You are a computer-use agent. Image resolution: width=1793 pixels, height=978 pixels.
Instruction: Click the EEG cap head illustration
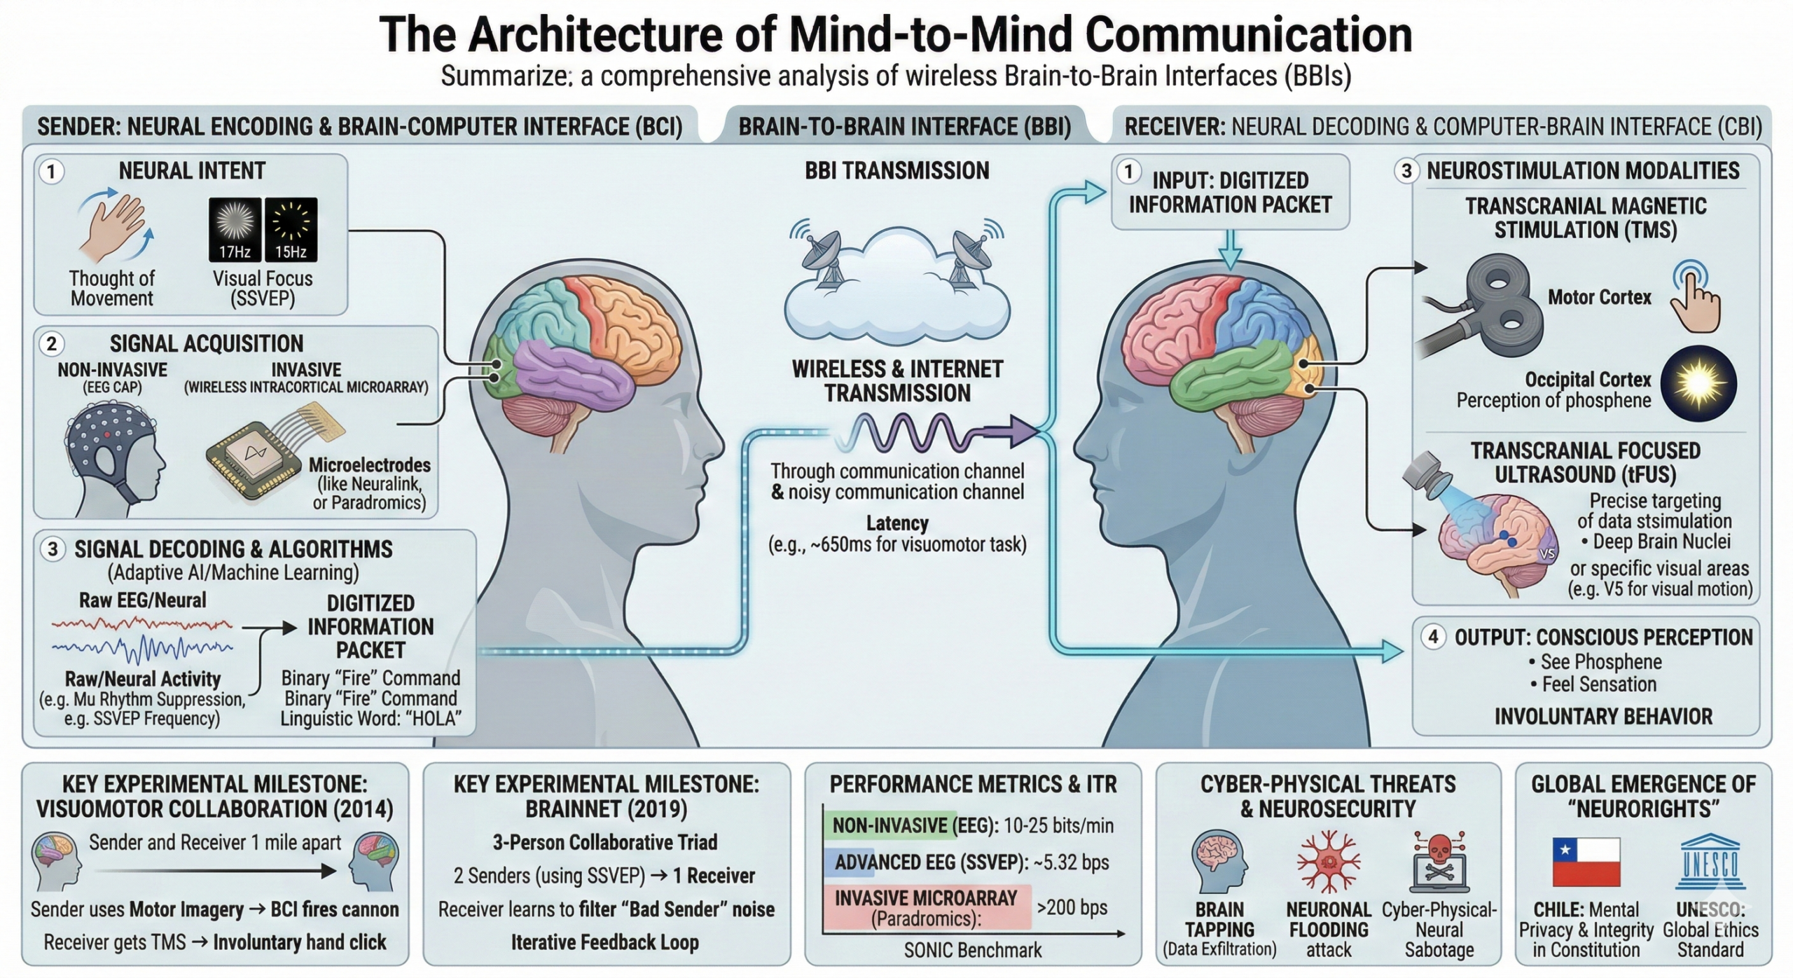(x=112, y=459)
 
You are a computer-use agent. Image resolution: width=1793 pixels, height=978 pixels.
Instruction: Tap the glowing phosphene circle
(x=1698, y=383)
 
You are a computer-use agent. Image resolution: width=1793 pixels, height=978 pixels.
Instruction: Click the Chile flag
(x=1586, y=862)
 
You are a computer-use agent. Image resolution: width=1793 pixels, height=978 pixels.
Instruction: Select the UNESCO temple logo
(x=1710, y=861)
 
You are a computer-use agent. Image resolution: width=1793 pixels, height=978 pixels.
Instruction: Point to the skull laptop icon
(x=1438, y=861)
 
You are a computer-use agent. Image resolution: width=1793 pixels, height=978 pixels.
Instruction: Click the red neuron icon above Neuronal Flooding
(x=1328, y=861)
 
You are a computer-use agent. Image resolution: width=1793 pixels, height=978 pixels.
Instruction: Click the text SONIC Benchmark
(x=973, y=950)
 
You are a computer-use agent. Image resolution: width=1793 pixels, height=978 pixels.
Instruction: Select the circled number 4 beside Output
(x=1433, y=637)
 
